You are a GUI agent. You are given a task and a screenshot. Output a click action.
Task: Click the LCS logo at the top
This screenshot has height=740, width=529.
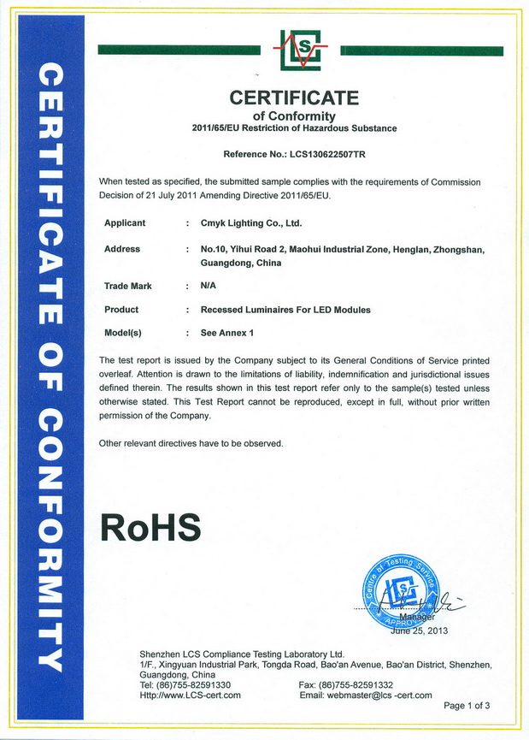(x=300, y=50)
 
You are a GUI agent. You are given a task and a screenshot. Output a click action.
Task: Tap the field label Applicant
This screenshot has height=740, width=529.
(x=125, y=223)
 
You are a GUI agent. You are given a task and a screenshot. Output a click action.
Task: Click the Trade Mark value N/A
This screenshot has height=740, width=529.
(x=209, y=287)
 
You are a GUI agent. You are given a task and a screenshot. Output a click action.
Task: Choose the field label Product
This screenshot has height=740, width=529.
(x=121, y=310)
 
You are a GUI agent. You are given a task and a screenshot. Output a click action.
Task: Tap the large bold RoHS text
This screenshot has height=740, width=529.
(x=150, y=526)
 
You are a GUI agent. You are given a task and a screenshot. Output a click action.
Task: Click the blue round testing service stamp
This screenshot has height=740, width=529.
(x=400, y=589)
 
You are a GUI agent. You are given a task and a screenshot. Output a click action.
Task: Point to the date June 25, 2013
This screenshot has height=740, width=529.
(x=419, y=631)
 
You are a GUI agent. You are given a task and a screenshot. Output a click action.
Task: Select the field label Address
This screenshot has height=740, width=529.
(x=121, y=249)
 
